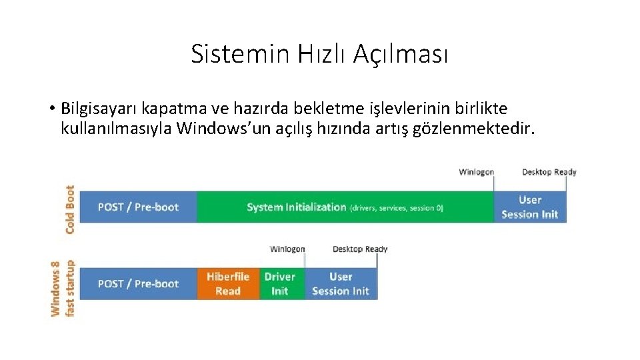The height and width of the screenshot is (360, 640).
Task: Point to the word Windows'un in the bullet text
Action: click(217, 128)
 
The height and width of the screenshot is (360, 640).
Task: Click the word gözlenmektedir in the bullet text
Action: click(475, 128)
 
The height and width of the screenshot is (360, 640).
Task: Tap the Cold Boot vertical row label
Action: click(69, 209)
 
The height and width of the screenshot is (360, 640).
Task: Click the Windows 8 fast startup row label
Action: click(63, 288)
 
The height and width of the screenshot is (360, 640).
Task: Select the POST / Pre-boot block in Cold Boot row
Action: click(138, 207)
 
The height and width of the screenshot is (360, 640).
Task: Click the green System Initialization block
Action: click(345, 207)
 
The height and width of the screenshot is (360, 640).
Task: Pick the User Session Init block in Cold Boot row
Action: click(529, 207)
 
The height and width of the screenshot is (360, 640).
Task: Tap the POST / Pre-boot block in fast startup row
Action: click(138, 284)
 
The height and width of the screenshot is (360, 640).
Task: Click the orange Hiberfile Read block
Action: click(228, 284)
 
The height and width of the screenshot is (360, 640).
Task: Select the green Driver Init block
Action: click(280, 284)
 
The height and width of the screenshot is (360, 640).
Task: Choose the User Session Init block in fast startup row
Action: click(341, 284)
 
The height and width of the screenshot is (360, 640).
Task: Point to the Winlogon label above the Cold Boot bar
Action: click(476, 172)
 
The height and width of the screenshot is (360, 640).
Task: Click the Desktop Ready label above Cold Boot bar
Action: click(549, 172)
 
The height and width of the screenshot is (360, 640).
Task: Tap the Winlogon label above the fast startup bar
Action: click(287, 249)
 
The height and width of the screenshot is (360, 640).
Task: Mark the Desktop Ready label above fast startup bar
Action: click(360, 249)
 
